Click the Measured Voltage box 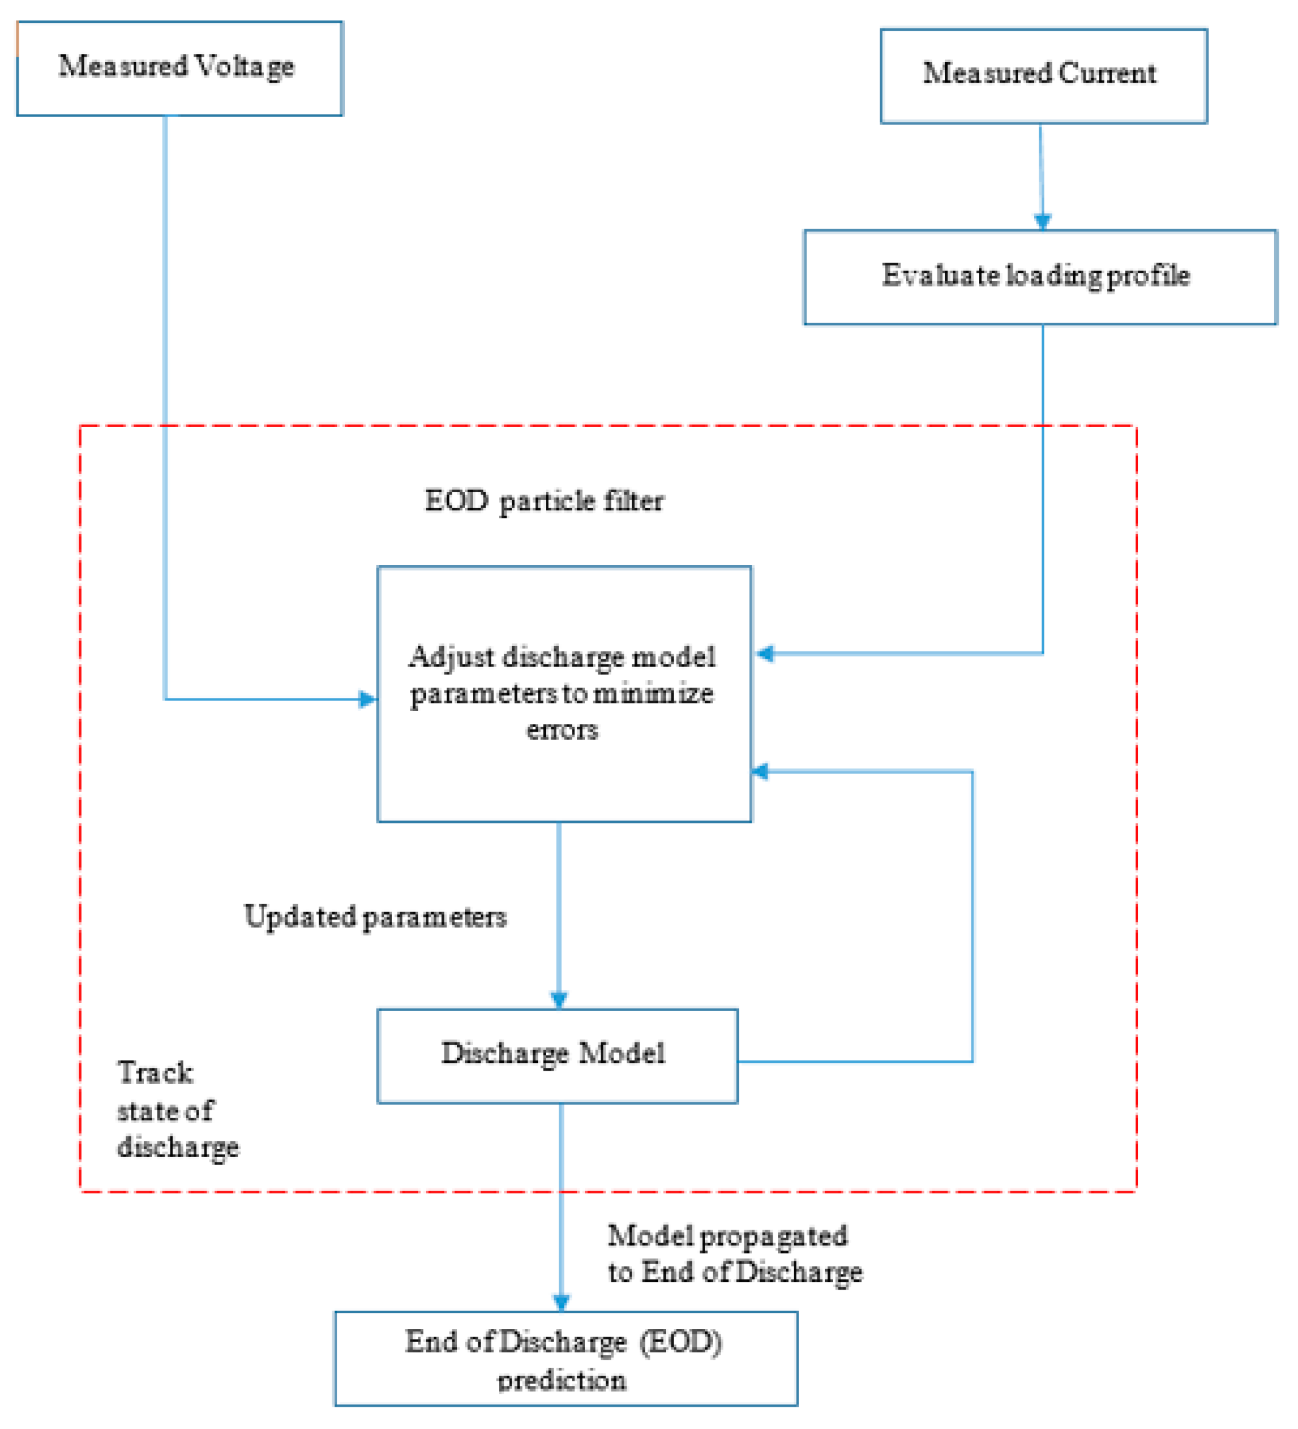pos(179,68)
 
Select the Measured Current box pos(1043,76)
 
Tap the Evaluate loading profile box pos(1039,277)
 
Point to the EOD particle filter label pos(543,502)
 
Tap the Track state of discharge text pos(177,1109)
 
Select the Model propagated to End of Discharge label pos(735,1255)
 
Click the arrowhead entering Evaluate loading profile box pos(1042,222)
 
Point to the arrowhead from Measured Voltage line pos(368,700)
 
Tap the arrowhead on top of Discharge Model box pos(559,1000)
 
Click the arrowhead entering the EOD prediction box pos(561,1303)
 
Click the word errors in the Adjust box pos(562,729)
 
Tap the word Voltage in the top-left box pos(244,66)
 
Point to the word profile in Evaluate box pos(1148,276)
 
